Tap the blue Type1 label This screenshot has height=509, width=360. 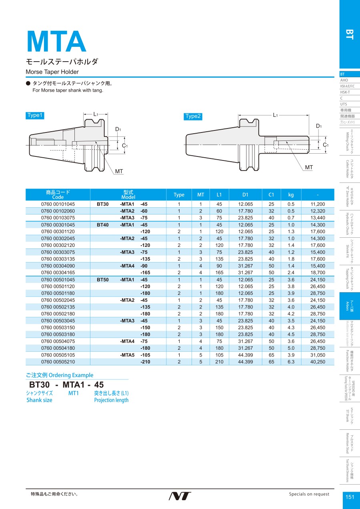pos(34,115)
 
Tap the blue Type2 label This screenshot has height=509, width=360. pos(193,116)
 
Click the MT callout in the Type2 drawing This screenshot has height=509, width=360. pos(308,167)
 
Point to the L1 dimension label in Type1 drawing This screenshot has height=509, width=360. pos(96,114)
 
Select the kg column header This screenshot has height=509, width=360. pos(291,195)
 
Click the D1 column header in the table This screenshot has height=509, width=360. pos(245,195)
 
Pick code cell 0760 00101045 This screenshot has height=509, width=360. pos(58,204)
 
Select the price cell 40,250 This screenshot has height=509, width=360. pos(318,362)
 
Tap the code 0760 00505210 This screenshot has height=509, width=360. pos(58,362)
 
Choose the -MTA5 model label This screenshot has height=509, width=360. pos(127,355)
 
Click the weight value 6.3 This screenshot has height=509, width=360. pos(291,362)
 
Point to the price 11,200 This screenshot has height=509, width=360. pos(318,204)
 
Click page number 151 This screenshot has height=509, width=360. pos(350,497)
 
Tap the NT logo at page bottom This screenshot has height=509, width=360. pos(180,496)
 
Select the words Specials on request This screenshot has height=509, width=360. pos(309,494)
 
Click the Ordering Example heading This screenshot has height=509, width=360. pos(60,375)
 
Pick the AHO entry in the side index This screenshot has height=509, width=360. pos(344,80)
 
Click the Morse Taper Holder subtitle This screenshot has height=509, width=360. pos(52,72)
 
